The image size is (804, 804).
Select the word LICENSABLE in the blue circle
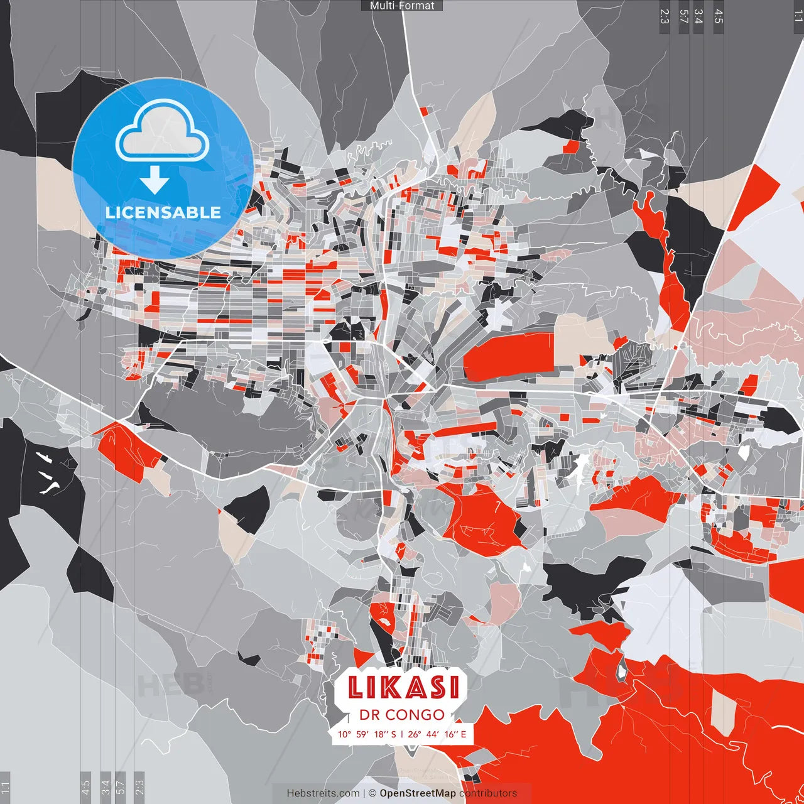(x=163, y=212)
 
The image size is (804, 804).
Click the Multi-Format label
(x=402, y=6)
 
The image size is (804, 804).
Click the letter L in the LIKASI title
(x=356, y=687)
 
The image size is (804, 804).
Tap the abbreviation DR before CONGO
(x=369, y=715)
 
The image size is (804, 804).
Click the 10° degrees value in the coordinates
(x=344, y=734)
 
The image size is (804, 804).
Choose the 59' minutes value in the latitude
(x=364, y=734)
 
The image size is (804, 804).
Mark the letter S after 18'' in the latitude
(x=394, y=734)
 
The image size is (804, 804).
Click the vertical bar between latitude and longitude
(x=402, y=734)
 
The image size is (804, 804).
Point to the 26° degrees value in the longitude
(x=415, y=734)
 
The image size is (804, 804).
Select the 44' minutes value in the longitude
(x=433, y=734)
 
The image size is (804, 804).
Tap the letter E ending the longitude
(x=464, y=734)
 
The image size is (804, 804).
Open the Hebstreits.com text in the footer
(x=323, y=793)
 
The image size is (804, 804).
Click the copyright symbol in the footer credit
(x=372, y=793)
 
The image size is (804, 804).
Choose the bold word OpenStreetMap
(x=418, y=793)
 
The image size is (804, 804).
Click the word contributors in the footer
(x=488, y=793)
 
